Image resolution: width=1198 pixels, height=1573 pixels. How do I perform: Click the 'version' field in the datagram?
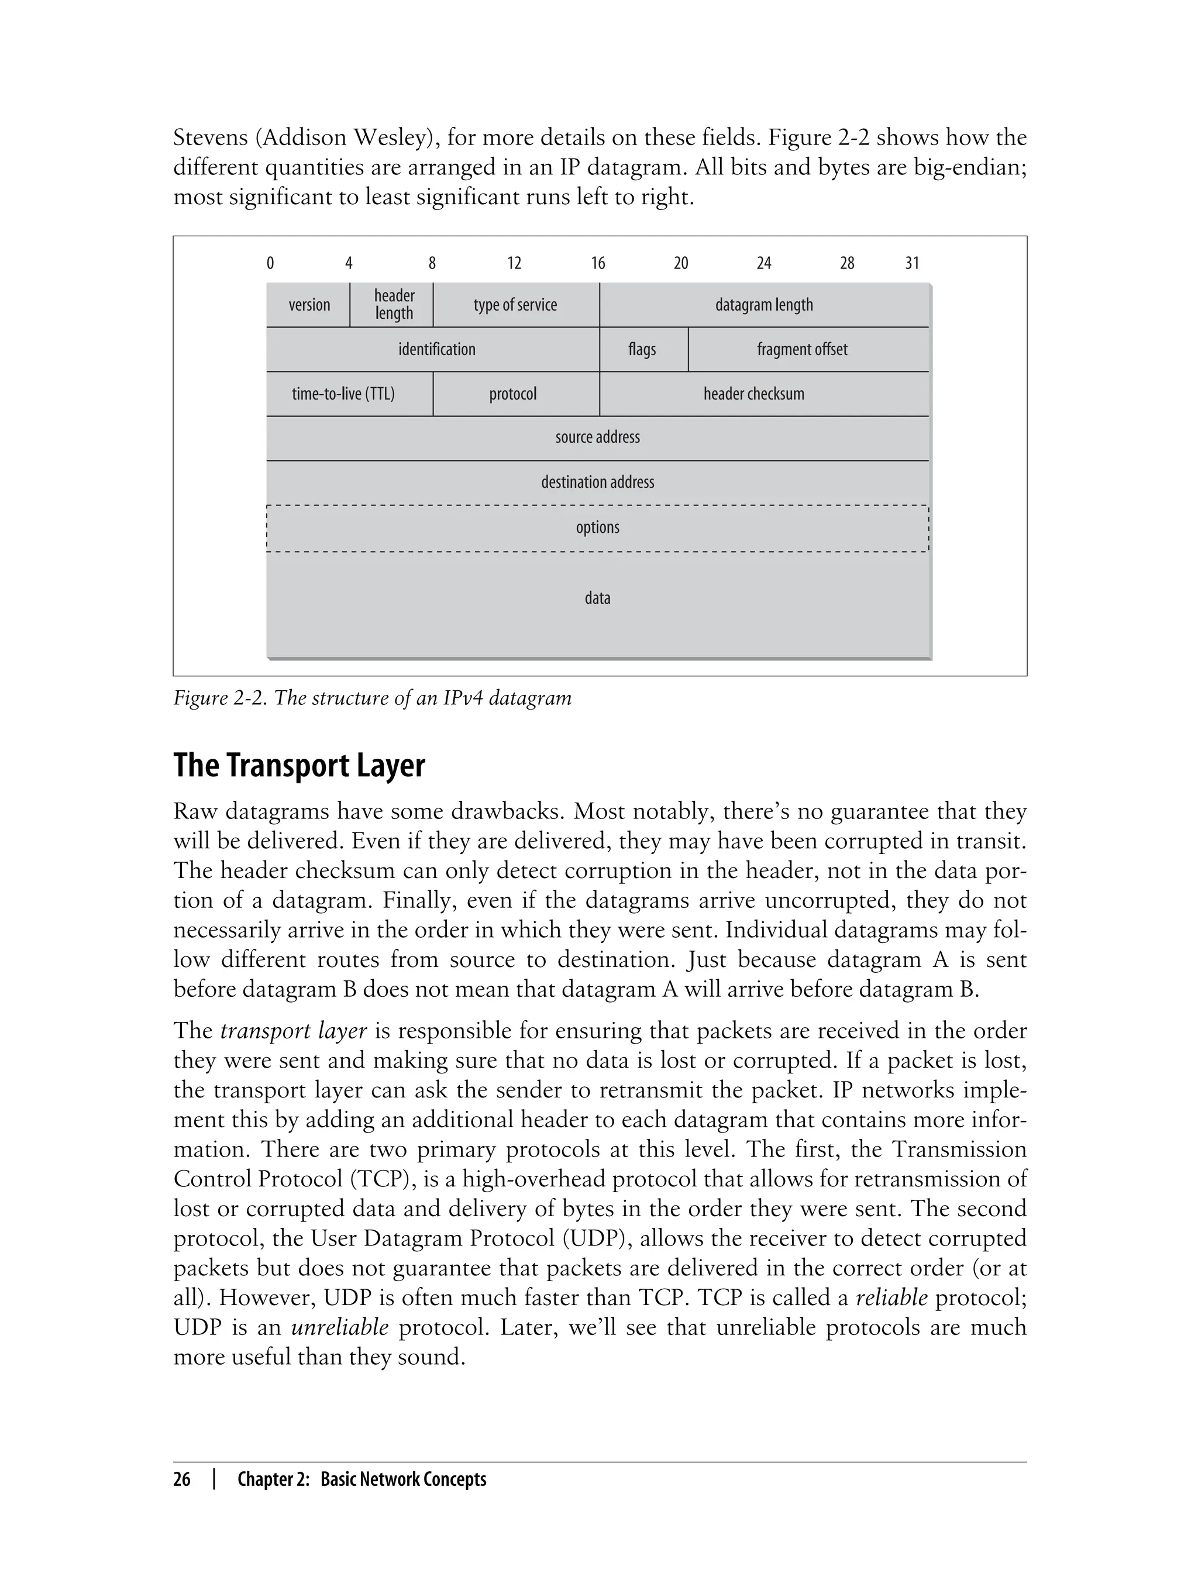pyautogui.click(x=309, y=305)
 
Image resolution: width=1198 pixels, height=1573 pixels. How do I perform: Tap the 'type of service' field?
pyautogui.click(x=515, y=305)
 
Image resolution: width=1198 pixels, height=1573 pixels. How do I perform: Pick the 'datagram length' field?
pyautogui.click(x=764, y=305)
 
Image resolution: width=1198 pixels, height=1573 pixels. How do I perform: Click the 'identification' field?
pyautogui.click(x=436, y=349)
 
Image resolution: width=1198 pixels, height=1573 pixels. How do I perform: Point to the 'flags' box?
pyautogui.click(x=642, y=349)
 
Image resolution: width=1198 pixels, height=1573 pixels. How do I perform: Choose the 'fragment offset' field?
pyautogui.click(x=802, y=349)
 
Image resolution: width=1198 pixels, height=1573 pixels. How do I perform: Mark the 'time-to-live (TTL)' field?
pyautogui.click(x=343, y=394)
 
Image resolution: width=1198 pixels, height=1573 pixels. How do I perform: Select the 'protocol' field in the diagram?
pyautogui.click(x=512, y=394)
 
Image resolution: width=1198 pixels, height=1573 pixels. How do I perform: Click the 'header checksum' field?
pyautogui.click(x=754, y=394)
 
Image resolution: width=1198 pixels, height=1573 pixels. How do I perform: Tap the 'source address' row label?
pyautogui.click(x=598, y=437)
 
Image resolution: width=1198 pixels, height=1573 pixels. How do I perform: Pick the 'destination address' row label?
pyautogui.click(x=598, y=482)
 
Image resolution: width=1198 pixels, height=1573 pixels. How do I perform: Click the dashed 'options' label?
pyautogui.click(x=598, y=528)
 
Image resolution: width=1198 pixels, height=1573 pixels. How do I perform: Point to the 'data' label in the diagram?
pyautogui.click(x=598, y=598)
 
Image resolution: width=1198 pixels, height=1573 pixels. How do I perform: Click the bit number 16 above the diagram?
pyautogui.click(x=598, y=263)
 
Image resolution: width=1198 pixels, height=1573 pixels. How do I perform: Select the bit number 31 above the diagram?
pyautogui.click(x=912, y=263)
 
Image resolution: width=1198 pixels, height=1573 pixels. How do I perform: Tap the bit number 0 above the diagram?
pyautogui.click(x=270, y=263)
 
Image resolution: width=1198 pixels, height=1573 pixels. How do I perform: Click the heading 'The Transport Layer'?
pyautogui.click(x=299, y=765)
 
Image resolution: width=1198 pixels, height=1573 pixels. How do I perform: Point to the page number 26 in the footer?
pyautogui.click(x=182, y=1479)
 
